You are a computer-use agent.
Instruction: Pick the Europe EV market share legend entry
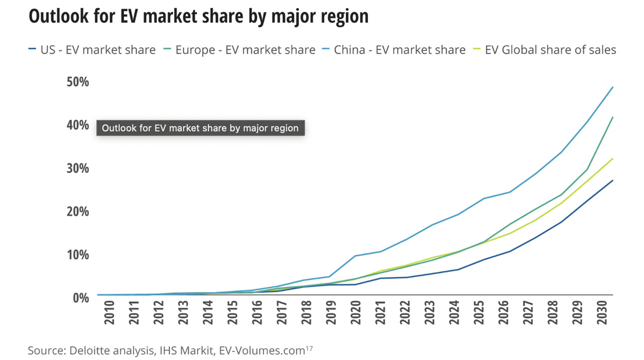coord(239,50)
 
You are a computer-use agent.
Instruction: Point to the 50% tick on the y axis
coord(77,81)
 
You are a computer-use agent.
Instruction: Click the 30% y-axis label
coord(77,168)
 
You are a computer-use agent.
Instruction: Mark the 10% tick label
coord(77,254)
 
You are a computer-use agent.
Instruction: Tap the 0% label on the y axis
coord(80,297)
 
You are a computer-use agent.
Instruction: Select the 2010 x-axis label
coord(109,313)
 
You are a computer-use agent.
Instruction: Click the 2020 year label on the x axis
coord(356,313)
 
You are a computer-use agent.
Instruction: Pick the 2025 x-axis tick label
coord(480,313)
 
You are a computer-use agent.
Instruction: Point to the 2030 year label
coord(604,313)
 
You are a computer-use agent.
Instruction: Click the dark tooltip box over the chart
coord(200,128)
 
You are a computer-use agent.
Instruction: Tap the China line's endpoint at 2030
coord(612,87)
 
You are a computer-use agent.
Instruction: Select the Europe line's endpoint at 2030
coord(612,117)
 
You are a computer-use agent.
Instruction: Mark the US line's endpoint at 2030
coord(612,181)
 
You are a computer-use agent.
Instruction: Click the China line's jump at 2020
coord(356,256)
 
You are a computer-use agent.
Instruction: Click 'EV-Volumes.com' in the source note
coord(262,350)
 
